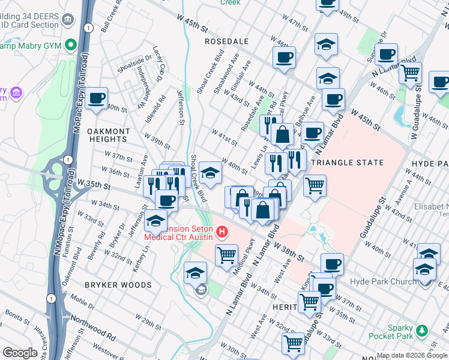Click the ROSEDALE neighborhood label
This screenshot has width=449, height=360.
[x=227, y=41]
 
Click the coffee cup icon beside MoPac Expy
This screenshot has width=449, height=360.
[x=96, y=98]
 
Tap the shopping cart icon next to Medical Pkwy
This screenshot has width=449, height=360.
[x=226, y=254]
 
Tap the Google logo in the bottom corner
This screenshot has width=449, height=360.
[x=20, y=353]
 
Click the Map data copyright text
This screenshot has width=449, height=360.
[x=412, y=356]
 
